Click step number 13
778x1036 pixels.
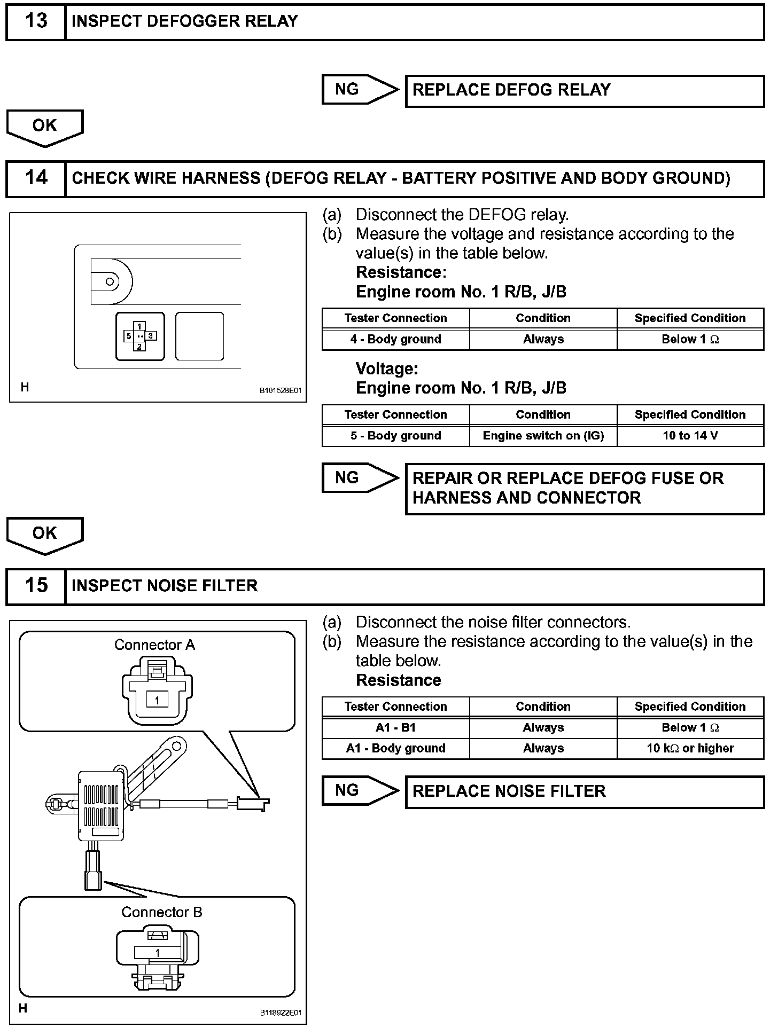pos(36,21)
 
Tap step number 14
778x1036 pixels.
pos(36,178)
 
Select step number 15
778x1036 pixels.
pos(36,585)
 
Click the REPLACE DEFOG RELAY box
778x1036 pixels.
pos(585,90)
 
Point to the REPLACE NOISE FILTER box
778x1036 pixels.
pos(585,791)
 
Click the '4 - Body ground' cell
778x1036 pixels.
pos(395,340)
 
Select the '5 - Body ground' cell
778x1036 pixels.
pos(395,436)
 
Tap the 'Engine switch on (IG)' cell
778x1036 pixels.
pos(543,436)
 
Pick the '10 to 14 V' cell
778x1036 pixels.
pos(690,436)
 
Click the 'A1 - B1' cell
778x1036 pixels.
pos(395,728)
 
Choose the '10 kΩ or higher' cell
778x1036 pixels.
pos(690,749)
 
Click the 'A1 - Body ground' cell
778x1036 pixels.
pos(395,749)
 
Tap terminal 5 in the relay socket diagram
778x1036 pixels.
pos(129,336)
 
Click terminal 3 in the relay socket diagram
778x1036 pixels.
pos(151,336)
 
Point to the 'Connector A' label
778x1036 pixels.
pos(155,645)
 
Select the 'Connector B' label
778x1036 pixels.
pos(162,912)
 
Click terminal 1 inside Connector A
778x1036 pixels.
pos(157,701)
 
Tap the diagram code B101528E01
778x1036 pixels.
pos(281,391)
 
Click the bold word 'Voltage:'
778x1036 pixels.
pos(387,369)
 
